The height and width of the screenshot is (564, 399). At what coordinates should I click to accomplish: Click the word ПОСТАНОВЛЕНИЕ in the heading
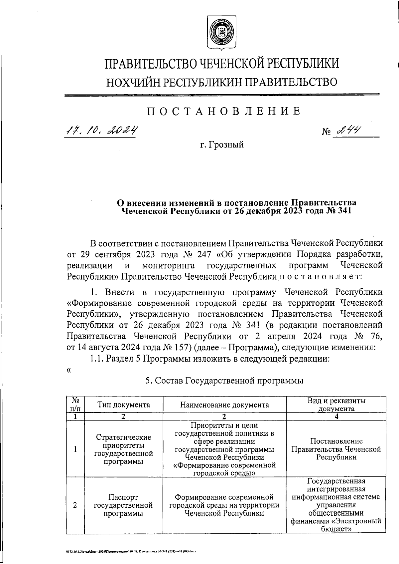[x=224, y=111]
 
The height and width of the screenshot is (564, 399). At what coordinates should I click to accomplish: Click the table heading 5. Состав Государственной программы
[x=225, y=381]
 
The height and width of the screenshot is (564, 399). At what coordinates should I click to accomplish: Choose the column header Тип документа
[x=124, y=405]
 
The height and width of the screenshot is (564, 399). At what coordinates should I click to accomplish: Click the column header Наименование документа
[x=224, y=405]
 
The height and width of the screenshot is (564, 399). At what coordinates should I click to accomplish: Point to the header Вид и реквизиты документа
[x=336, y=405]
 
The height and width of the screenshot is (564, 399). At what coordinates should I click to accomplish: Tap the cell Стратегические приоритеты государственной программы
[x=124, y=449]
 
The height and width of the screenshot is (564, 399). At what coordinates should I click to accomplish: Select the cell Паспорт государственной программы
[x=124, y=505]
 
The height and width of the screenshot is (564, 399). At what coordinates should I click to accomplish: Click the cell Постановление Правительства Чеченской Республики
[x=336, y=449]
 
